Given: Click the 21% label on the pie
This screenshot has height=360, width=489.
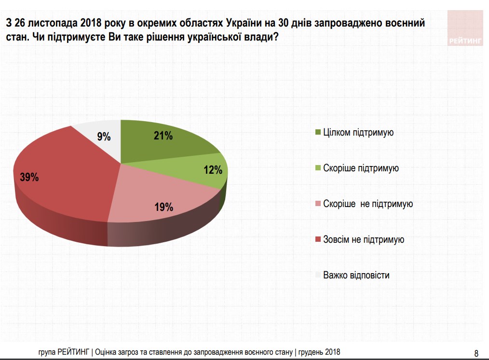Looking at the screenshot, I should [x=163, y=136].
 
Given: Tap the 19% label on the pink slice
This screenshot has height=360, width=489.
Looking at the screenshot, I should [x=163, y=208].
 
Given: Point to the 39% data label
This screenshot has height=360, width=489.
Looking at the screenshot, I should [x=29, y=177].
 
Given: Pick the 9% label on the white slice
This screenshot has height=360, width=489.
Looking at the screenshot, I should [x=104, y=137].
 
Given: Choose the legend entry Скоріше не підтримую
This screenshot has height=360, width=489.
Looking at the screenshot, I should [x=368, y=204].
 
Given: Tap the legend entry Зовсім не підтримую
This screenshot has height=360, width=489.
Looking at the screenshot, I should [x=364, y=239].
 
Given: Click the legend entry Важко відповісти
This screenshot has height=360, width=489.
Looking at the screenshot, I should [x=356, y=275].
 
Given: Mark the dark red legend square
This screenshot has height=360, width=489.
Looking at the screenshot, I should [x=317, y=240].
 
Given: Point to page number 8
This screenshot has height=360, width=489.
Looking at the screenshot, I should [x=476, y=352].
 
